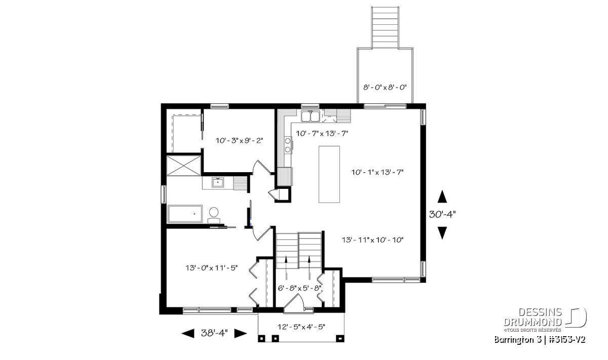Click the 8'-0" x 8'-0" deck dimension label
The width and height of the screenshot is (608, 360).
(x=385, y=88)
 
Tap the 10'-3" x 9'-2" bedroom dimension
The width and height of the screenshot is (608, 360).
(x=239, y=141)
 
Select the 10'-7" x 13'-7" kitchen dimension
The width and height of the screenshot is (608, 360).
(x=322, y=134)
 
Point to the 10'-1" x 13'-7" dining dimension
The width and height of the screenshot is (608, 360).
(x=377, y=172)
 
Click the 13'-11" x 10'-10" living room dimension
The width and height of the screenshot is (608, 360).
(x=373, y=240)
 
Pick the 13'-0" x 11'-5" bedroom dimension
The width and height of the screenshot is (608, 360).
(x=211, y=268)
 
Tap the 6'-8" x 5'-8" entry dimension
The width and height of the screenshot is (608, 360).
(x=299, y=288)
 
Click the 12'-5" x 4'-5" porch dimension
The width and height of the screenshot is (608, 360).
(x=301, y=327)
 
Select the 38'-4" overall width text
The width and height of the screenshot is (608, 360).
(x=214, y=333)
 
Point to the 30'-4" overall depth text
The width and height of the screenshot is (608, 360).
(x=442, y=214)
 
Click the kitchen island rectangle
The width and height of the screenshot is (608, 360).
(x=329, y=174)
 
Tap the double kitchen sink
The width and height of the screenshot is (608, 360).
(x=310, y=116)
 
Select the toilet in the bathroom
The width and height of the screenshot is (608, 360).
(x=214, y=215)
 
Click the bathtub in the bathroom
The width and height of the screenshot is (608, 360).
(x=185, y=214)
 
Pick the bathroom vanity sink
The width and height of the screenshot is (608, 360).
(x=218, y=182)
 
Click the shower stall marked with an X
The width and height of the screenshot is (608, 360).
(x=184, y=166)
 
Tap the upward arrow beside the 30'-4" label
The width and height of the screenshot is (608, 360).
(x=442, y=196)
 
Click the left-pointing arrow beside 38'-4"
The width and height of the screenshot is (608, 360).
(x=188, y=333)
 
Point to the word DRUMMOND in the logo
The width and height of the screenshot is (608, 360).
(x=533, y=323)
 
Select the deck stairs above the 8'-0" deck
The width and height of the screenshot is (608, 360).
(x=385, y=28)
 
